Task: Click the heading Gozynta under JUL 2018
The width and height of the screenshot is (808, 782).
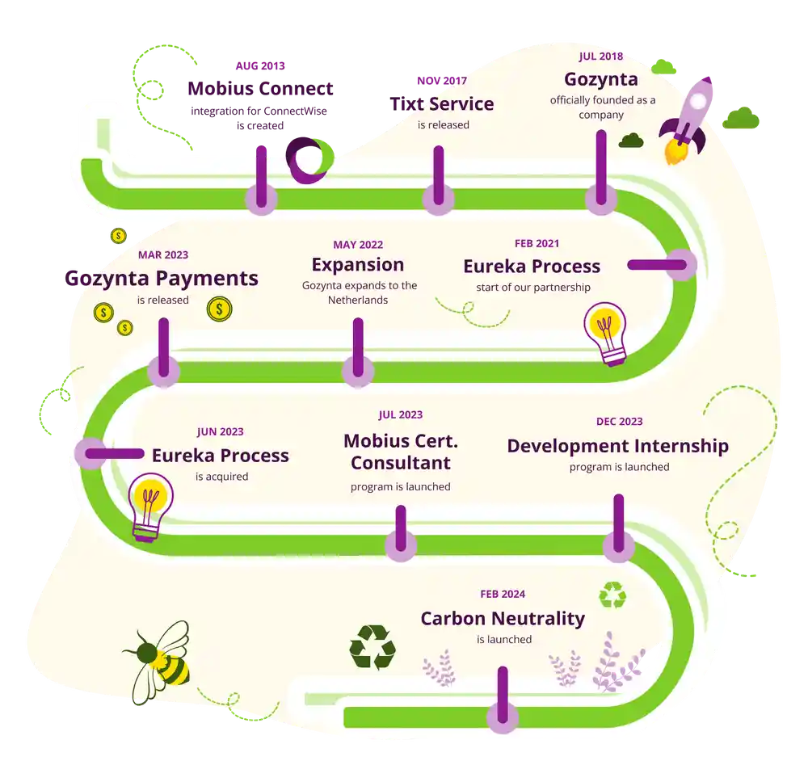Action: (x=601, y=79)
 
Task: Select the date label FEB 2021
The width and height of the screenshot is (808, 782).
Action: (x=537, y=243)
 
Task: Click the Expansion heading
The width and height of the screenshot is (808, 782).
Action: (x=357, y=264)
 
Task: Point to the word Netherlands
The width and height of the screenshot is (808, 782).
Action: (x=358, y=300)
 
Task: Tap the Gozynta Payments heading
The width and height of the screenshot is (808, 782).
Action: (x=162, y=278)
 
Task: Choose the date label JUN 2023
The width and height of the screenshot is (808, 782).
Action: (x=220, y=432)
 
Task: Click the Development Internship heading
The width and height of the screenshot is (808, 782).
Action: (x=617, y=446)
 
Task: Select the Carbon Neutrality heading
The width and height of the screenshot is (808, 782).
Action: (x=502, y=619)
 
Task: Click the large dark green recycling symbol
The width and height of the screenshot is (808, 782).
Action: (x=372, y=646)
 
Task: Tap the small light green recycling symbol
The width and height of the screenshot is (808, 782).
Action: (x=612, y=595)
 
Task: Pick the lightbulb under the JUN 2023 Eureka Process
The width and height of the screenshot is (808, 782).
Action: (x=151, y=506)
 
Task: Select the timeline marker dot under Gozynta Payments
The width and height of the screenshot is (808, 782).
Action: (x=164, y=371)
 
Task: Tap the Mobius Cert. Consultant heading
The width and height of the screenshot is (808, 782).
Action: (x=400, y=452)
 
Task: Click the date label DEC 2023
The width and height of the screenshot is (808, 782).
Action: (x=619, y=422)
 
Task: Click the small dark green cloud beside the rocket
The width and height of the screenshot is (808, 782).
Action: (x=631, y=141)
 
